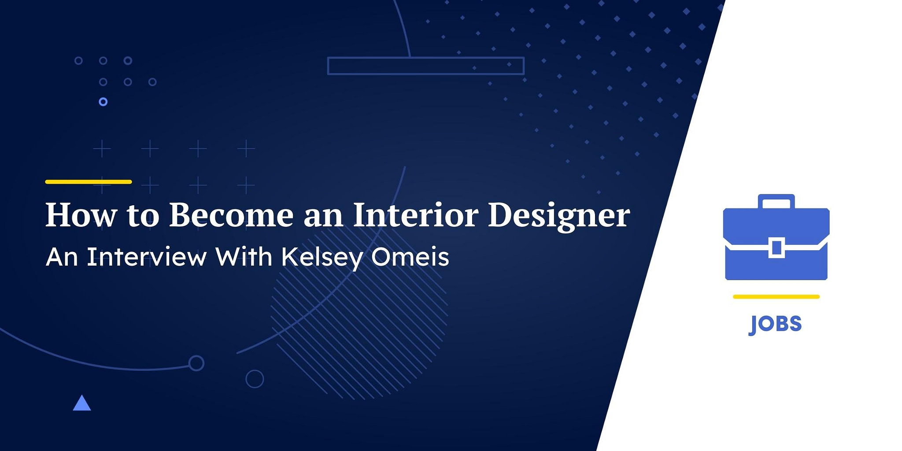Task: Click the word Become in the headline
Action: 231,215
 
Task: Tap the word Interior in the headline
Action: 416,215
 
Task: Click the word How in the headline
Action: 81,215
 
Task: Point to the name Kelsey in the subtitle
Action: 322,258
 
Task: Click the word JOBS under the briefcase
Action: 776,325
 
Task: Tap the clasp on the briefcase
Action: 776,248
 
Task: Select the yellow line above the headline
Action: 89,181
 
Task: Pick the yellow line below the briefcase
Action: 776,297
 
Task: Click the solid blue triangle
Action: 82,403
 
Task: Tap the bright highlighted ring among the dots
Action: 103,102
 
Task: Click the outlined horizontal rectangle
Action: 426,58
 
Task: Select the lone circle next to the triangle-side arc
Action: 255,371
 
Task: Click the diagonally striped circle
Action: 359,312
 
